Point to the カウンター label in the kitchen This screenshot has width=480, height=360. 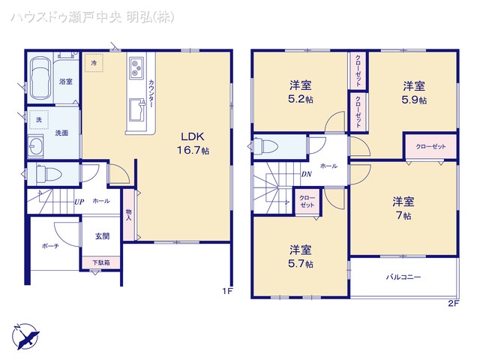(x=151, y=94)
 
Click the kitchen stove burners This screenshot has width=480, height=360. (x=136, y=70)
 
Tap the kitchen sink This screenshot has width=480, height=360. (x=136, y=110)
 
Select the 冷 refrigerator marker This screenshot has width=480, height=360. (x=94, y=64)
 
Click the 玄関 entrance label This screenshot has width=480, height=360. (x=102, y=235)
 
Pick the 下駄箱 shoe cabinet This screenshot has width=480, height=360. (x=100, y=262)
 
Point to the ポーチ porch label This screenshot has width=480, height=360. (x=49, y=245)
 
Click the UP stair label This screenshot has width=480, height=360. (x=79, y=202)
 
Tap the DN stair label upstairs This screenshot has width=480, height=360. (x=307, y=175)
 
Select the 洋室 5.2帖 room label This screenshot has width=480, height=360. (x=299, y=91)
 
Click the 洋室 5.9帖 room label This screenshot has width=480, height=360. (x=413, y=92)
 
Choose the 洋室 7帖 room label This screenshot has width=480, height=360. (x=403, y=208)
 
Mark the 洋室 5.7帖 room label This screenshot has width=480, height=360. (x=300, y=256)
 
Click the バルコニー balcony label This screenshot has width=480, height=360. (x=403, y=277)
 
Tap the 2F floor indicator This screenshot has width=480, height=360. (x=453, y=302)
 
